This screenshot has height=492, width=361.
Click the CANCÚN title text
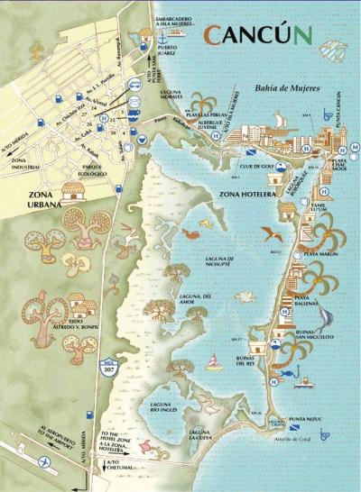[x=257, y=35]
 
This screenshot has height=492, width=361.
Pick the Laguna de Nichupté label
[x=219, y=261]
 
